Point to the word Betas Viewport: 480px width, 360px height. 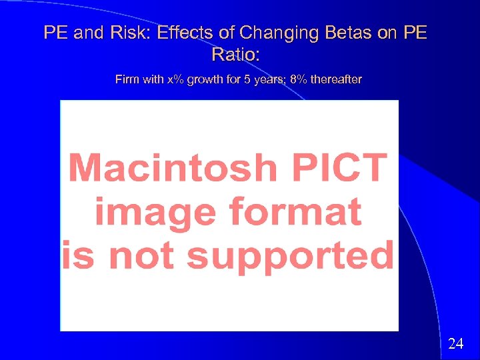pyautogui.click(x=347, y=33)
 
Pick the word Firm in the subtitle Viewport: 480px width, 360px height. pyautogui.click(x=127, y=80)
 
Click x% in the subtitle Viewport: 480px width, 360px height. pyautogui.click(x=175, y=80)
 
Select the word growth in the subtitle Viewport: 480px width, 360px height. pyautogui.click(x=205, y=80)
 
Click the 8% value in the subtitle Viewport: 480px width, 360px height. pyautogui.click(x=298, y=80)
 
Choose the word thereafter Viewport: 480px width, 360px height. pyautogui.click(x=337, y=80)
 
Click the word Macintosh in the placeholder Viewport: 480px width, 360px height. pyautogui.click(x=172, y=168)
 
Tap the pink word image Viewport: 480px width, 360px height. pyautogui.click(x=154, y=212)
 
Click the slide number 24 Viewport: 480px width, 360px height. pyautogui.click(x=456, y=344)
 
